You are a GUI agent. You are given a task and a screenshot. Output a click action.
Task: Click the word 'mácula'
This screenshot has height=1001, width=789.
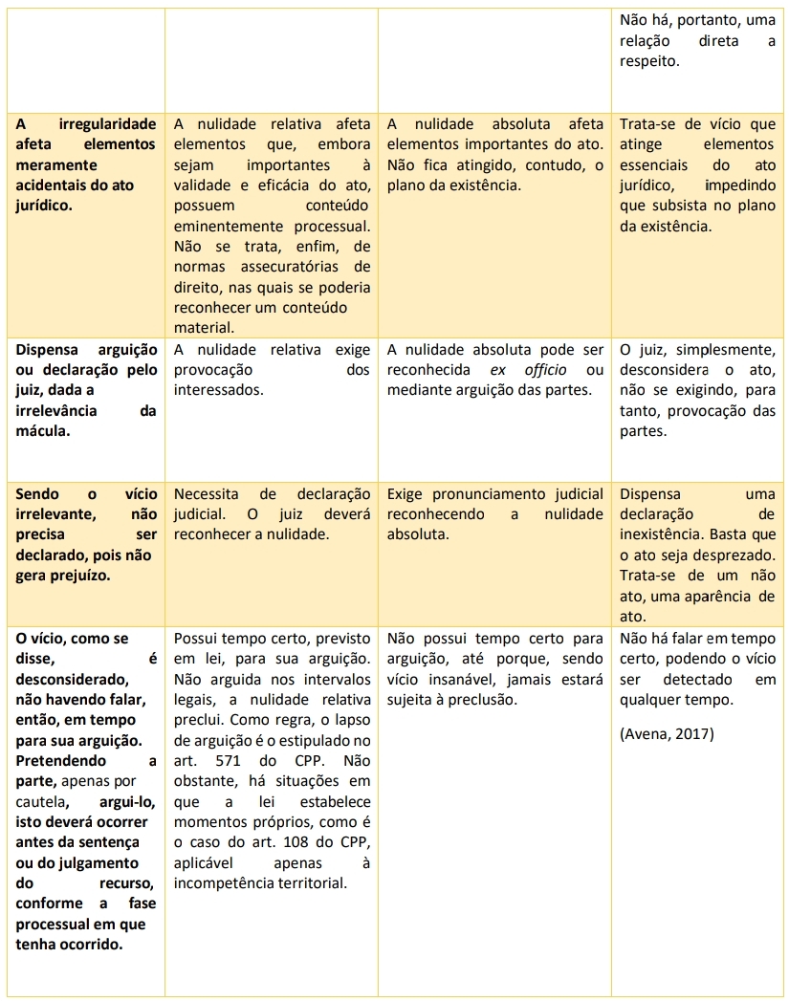[40, 431]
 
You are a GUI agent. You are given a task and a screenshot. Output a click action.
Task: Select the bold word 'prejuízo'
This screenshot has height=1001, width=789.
[80, 576]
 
